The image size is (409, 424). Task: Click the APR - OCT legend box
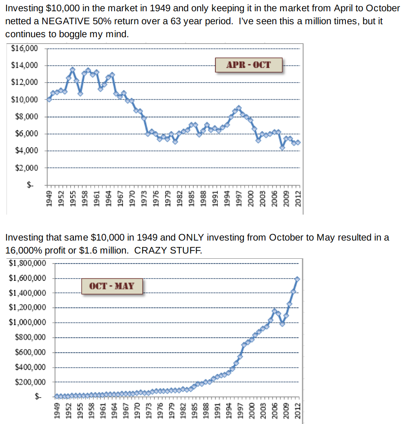point(249,65)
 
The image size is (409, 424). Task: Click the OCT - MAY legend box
point(112,286)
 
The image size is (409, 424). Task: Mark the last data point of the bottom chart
point(297,279)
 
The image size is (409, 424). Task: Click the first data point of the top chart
point(49,99)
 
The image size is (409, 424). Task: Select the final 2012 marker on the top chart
point(298,142)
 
